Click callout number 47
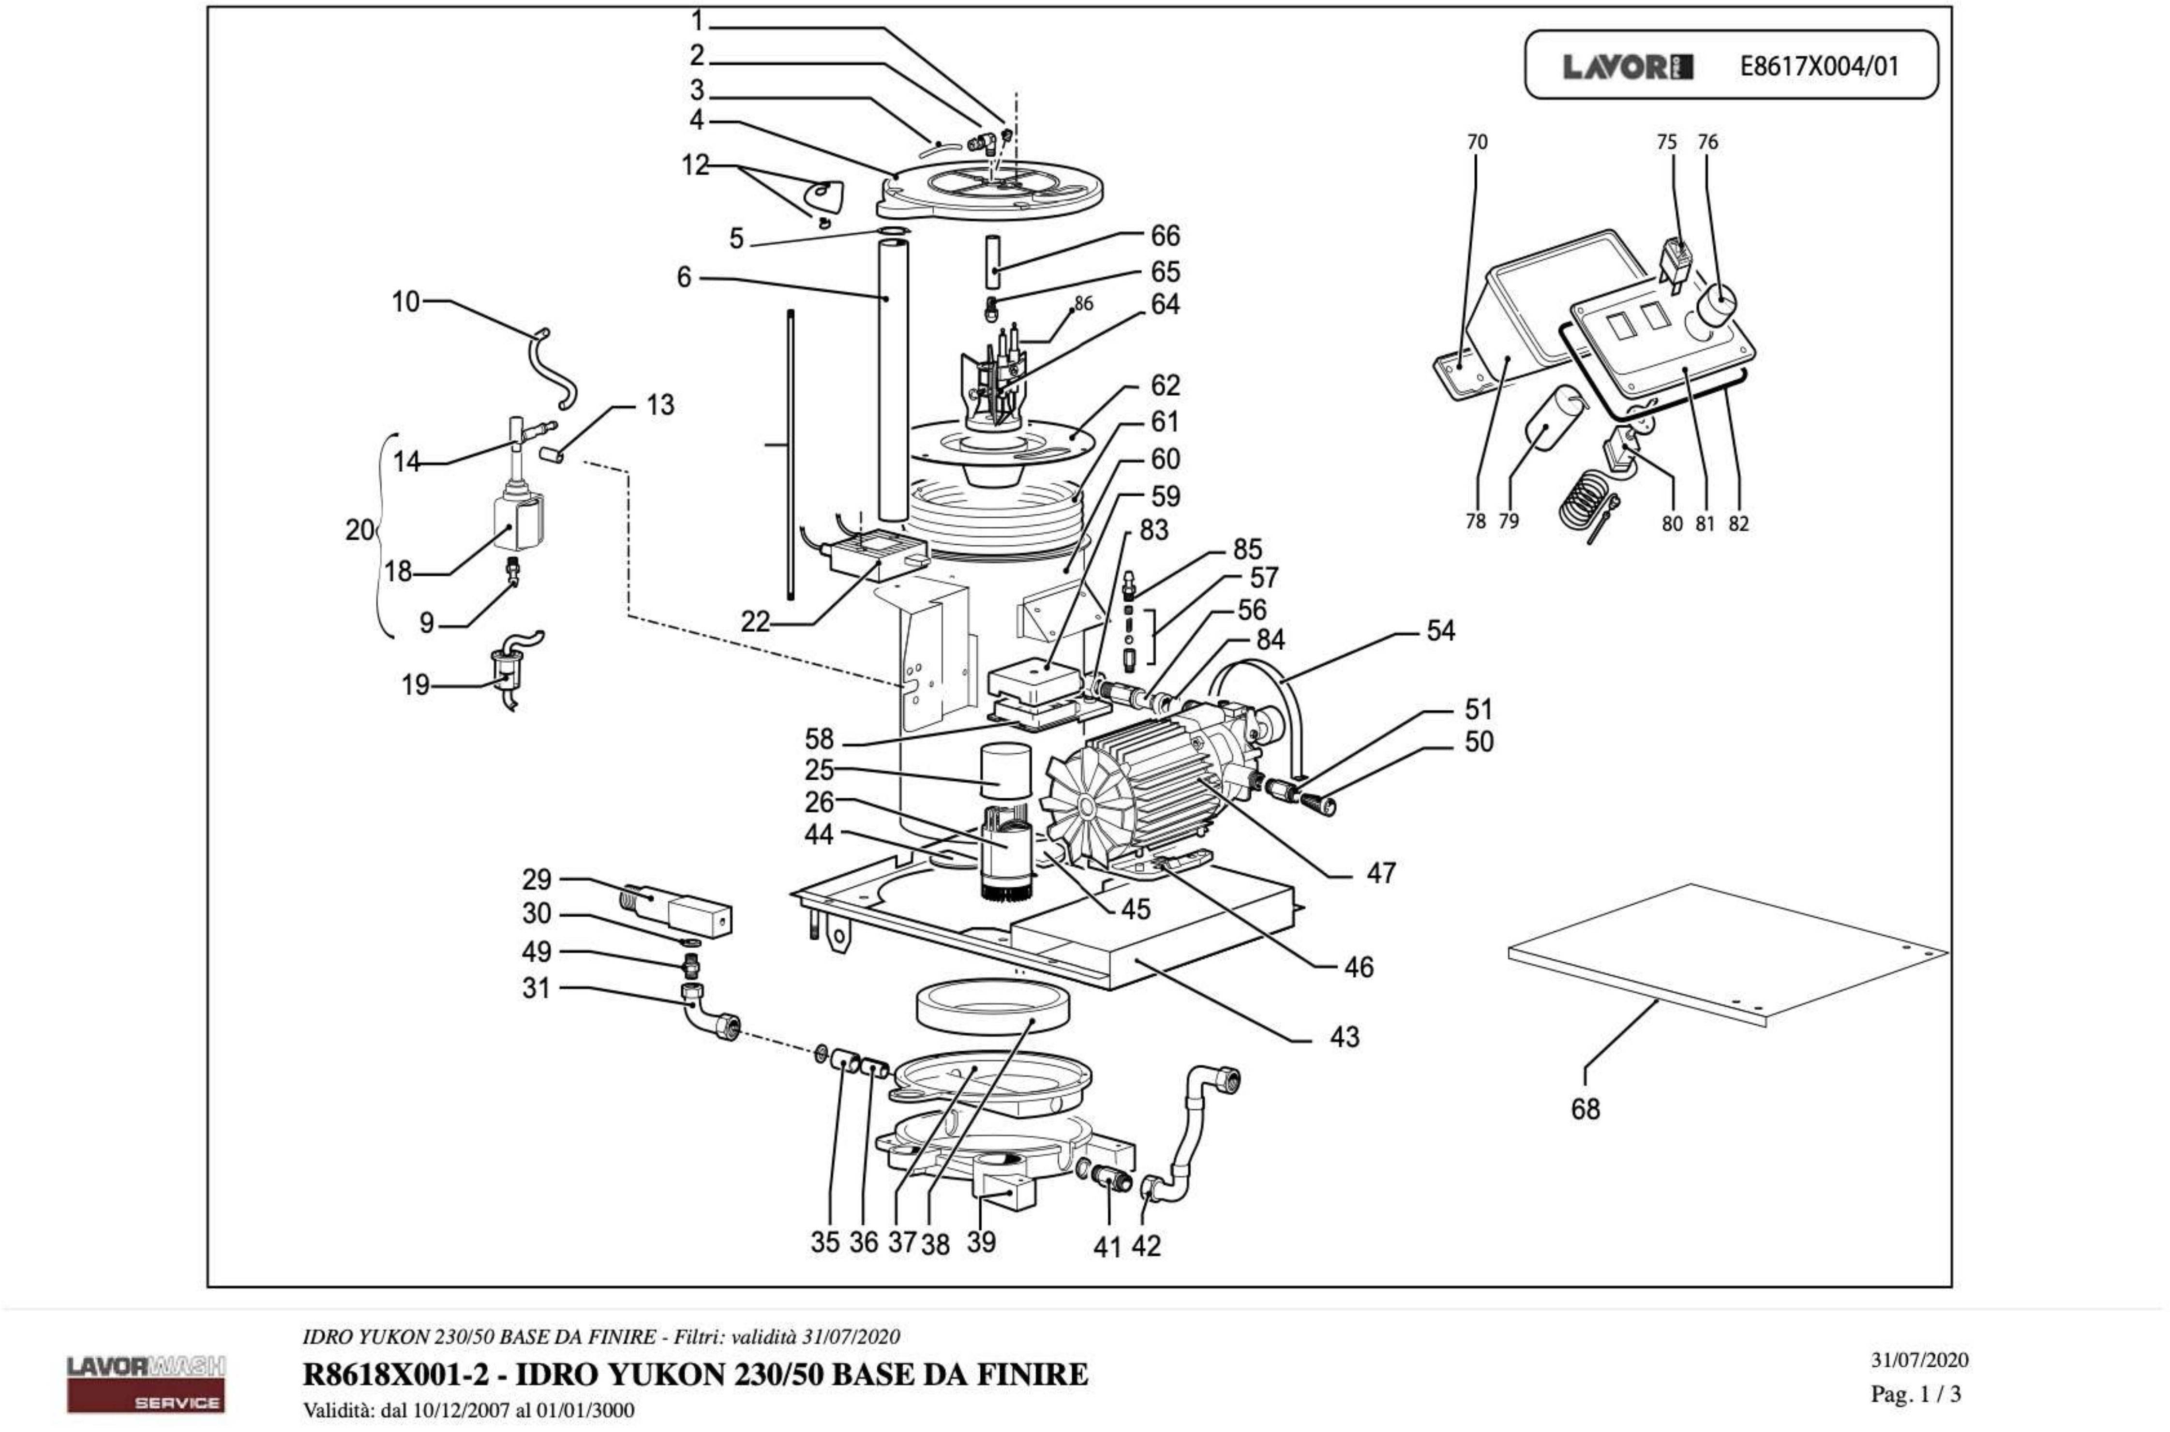coord(1381,873)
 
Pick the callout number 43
coord(1345,1037)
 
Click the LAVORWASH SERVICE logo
coord(146,1384)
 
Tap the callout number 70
coord(1477,142)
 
